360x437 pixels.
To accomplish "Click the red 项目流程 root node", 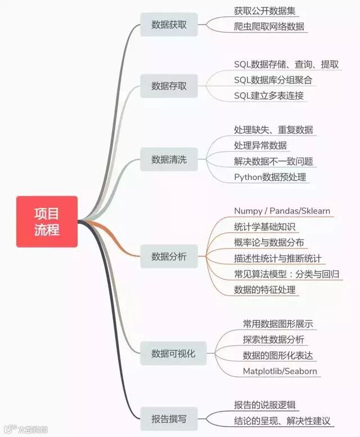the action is (x=47, y=222).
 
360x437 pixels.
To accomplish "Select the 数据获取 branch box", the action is (x=169, y=25).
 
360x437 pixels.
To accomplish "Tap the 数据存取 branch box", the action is (x=169, y=86).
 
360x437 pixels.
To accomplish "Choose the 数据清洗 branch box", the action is (x=169, y=160).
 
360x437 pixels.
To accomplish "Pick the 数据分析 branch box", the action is (x=169, y=256).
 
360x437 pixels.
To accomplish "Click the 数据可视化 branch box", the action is (x=173, y=354).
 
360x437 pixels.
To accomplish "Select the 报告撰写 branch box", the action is (x=169, y=418).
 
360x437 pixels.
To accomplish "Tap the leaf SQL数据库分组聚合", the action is (x=273, y=80).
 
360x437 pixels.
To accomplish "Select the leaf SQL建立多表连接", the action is (x=269, y=96).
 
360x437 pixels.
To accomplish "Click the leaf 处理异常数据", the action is (x=260, y=146).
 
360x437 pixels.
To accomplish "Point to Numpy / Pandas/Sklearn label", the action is (x=282, y=211).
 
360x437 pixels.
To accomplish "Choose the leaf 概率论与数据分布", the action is (x=269, y=242).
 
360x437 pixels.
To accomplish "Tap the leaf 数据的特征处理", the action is (x=264, y=290).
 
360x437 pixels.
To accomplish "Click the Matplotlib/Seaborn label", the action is (x=280, y=371).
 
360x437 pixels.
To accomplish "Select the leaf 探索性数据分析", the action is (x=273, y=339).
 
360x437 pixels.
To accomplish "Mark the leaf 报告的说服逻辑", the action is (x=264, y=405).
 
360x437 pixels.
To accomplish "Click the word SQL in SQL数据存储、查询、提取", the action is (x=242, y=64).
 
